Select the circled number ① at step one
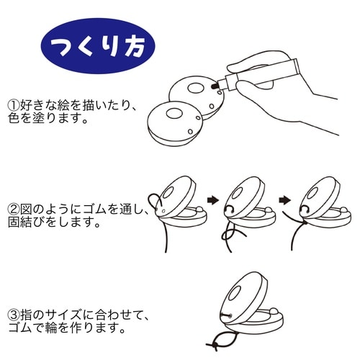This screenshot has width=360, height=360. pos(12,105)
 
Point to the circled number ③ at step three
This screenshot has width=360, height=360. pos(12,314)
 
